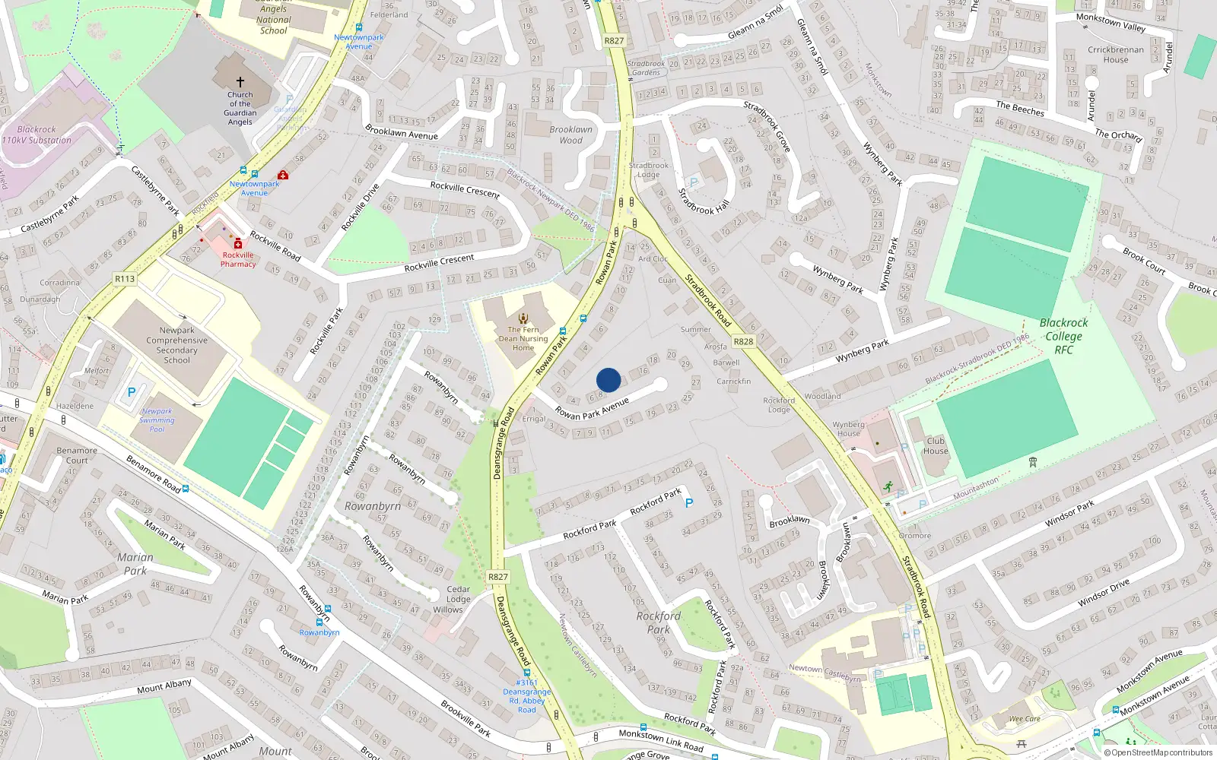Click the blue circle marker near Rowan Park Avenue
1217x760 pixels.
click(608, 380)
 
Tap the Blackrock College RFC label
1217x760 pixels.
click(1063, 336)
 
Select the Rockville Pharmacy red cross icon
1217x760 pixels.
click(238, 243)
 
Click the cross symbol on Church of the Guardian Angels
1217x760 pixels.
click(240, 81)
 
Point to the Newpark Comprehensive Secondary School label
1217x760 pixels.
click(176, 345)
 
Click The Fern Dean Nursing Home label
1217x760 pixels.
click(523, 338)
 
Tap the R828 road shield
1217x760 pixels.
click(743, 341)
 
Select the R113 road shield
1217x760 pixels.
click(125, 279)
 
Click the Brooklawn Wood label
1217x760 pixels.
click(570, 135)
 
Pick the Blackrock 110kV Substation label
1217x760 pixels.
click(37, 135)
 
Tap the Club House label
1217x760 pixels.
click(936, 445)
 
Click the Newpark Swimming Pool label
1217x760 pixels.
click(157, 420)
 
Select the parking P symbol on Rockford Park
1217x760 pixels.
click(689, 503)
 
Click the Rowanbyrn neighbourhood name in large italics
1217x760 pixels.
click(372, 506)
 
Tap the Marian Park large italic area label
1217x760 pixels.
click(135, 564)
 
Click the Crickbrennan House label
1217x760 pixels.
click(1116, 55)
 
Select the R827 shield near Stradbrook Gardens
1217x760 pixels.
click(614, 41)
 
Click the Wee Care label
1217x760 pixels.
click(1025, 719)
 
